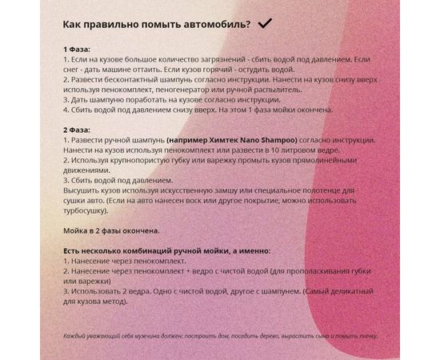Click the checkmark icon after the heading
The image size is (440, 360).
pyautogui.click(x=266, y=24)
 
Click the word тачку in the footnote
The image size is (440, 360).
pyautogui.click(x=366, y=336)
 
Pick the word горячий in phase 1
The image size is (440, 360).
pyautogui.click(x=197, y=70)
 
